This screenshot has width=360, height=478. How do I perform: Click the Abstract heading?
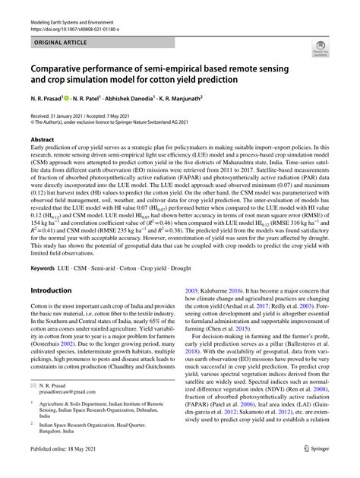click(43, 140)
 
